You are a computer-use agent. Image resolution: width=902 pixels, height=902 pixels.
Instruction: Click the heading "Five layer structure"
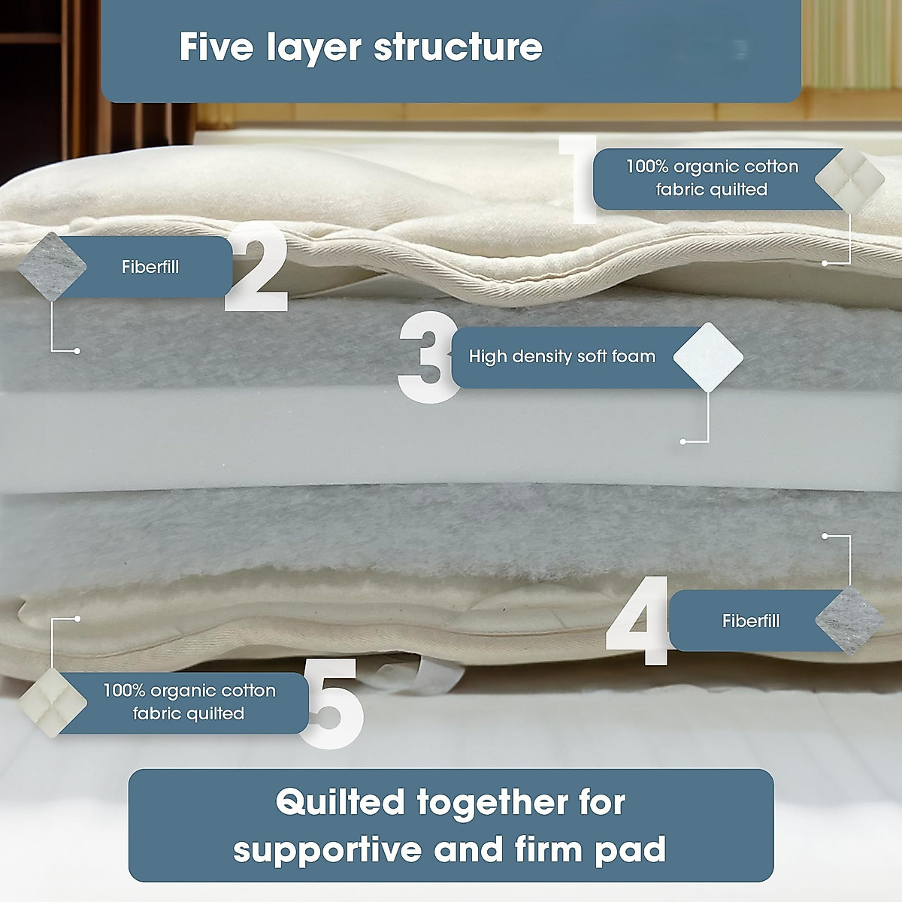361,47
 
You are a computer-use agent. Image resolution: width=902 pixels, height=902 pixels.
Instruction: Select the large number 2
258,269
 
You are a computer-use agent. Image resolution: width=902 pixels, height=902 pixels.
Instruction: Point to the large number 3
427,358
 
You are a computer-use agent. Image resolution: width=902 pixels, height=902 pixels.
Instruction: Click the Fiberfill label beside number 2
150,267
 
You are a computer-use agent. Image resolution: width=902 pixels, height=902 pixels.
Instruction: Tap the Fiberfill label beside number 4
750,621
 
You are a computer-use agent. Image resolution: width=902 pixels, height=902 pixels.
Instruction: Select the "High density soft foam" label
561,356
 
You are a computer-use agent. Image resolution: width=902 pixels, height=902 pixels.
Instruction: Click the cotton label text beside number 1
711,178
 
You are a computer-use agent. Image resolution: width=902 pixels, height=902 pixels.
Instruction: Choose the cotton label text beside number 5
189,702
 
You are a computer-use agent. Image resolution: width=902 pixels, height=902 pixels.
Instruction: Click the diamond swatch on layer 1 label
850,180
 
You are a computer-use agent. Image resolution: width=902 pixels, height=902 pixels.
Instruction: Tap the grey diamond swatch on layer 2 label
52,266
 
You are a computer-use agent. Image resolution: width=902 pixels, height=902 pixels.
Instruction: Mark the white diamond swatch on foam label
708,357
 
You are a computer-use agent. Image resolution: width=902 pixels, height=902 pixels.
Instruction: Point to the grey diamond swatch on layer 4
850,621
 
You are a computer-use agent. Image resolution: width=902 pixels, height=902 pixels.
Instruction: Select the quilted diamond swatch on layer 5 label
52,702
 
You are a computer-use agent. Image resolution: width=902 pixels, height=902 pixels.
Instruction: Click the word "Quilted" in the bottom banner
340,802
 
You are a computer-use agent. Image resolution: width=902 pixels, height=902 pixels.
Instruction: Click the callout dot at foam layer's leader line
683,442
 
